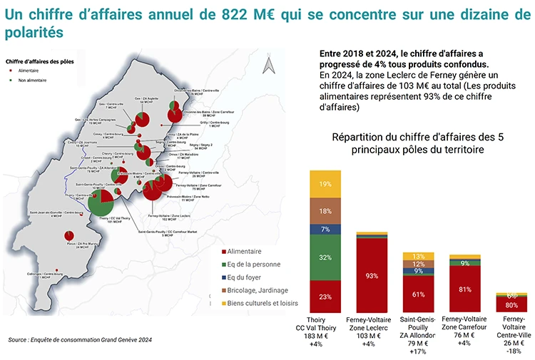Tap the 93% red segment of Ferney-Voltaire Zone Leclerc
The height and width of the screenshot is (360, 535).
pyautogui.click(x=372, y=275)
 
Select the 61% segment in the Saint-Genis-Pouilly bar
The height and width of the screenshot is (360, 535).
pyautogui.click(x=418, y=294)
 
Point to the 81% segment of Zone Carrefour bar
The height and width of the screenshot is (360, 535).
pyautogui.click(x=464, y=289)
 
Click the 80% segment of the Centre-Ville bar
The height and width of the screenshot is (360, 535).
pyautogui.click(x=511, y=305)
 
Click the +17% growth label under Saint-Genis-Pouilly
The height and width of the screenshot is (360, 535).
pyautogui.click(x=418, y=351)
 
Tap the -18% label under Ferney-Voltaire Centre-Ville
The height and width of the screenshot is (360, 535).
pyautogui.click(x=511, y=351)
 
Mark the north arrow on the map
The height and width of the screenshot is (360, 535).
pyautogui.click(x=268, y=66)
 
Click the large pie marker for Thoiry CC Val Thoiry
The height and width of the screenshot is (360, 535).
pyautogui.click(x=104, y=204)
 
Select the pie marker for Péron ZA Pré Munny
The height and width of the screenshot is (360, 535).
pyautogui.click(x=68, y=236)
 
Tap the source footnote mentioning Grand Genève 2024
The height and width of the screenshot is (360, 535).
pyautogui.click(x=81, y=340)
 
